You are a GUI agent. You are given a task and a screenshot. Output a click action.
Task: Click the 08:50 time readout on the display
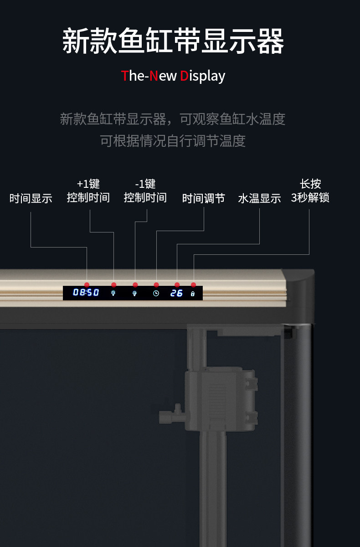pyautogui.click(x=86, y=293)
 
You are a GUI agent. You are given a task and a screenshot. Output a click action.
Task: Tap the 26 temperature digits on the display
pyautogui.click(x=176, y=293)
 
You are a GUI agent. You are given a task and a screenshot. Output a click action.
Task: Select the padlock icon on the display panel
pyautogui.click(x=193, y=294)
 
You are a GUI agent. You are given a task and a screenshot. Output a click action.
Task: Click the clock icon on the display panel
pyautogui.click(x=156, y=293)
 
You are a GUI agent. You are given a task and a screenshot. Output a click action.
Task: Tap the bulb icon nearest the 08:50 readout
pyautogui.click(x=113, y=293)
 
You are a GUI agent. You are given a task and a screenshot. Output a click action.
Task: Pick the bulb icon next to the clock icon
pyautogui.click(x=134, y=293)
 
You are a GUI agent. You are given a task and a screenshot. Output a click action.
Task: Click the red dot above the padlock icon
pyautogui.click(x=193, y=285)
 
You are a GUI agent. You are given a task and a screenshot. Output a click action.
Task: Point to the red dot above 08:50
pyautogui.click(x=87, y=285)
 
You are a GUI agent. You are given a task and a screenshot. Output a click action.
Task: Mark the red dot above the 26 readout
pyautogui.click(x=177, y=285)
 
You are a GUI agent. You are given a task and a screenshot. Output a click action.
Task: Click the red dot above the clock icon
pyautogui.click(x=156, y=285)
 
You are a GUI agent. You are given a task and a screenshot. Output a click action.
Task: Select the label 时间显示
pyautogui.click(x=31, y=198)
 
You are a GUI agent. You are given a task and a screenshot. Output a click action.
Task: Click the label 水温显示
pyautogui.click(x=259, y=198)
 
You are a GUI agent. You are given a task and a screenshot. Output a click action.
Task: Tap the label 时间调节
pyautogui.click(x=204, y=198)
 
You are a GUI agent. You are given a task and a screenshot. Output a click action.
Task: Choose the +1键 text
pyautogui.click(x=88, y=184)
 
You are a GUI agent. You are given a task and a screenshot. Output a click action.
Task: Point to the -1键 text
pyautogui.click(x=145, y=184)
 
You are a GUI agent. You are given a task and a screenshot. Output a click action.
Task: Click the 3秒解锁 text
pyautogui.click(x=310, y=197)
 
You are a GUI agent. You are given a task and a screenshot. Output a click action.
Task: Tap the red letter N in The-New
pyautogui.click(x=154, y=76)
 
